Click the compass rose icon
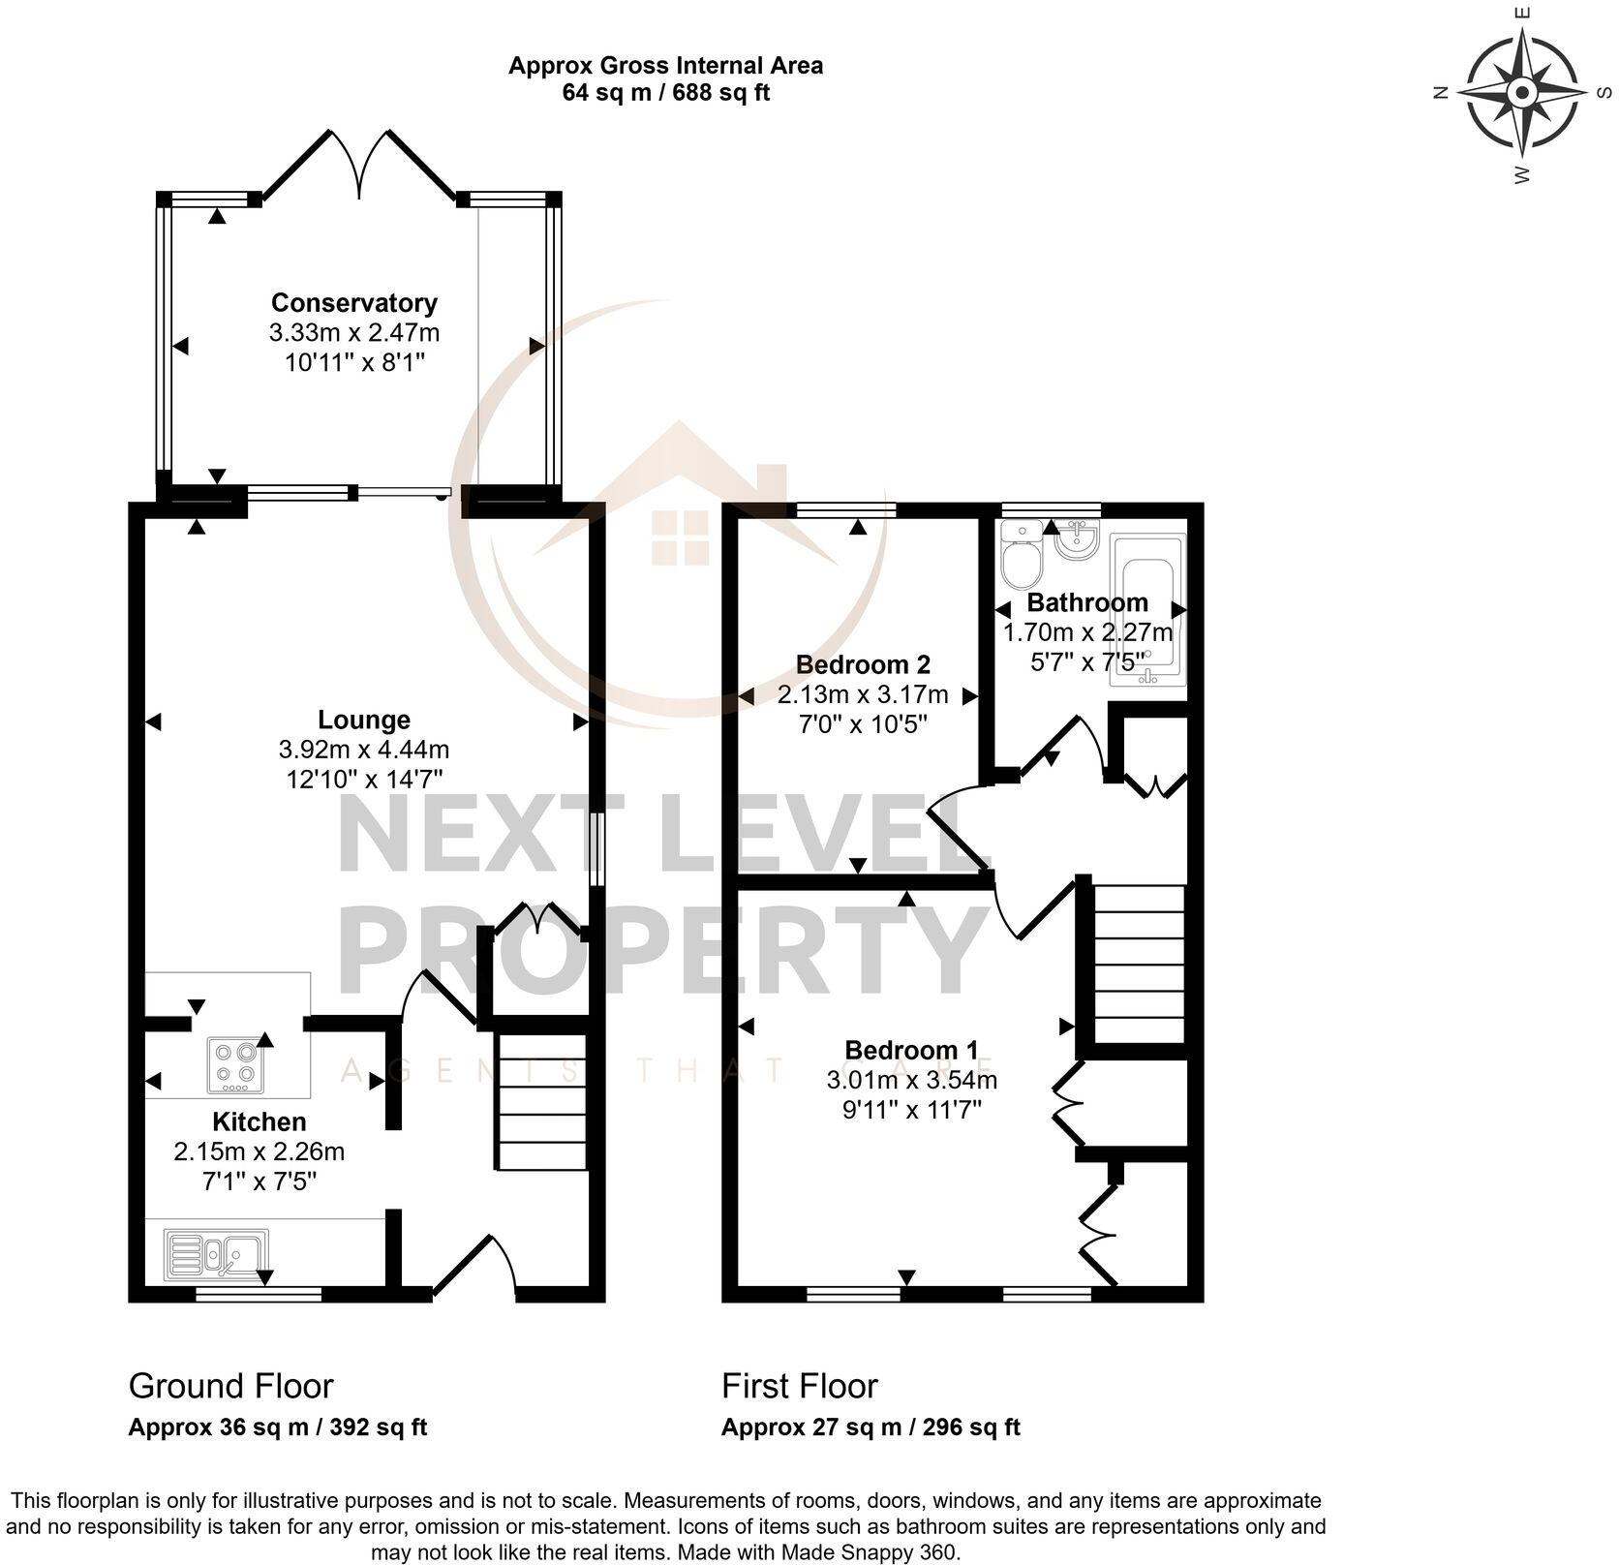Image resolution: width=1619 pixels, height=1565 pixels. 1521,93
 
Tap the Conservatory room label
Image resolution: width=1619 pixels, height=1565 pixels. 353,302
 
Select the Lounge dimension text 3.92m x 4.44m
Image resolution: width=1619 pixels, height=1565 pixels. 363,750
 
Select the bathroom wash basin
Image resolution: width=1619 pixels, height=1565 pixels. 1076,539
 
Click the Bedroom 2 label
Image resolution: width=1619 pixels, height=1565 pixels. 862,664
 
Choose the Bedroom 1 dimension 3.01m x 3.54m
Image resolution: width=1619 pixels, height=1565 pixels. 911,1080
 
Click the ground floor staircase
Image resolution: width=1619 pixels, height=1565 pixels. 541,1102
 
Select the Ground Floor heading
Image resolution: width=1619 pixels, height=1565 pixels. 230,1386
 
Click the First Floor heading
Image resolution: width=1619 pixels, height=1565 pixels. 799,1386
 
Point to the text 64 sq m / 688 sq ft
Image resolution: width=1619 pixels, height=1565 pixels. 665,94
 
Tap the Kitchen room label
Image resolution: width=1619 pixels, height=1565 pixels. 259,1121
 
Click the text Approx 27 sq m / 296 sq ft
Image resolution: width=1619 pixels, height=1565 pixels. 870,1427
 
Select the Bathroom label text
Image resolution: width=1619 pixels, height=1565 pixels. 1086,602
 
